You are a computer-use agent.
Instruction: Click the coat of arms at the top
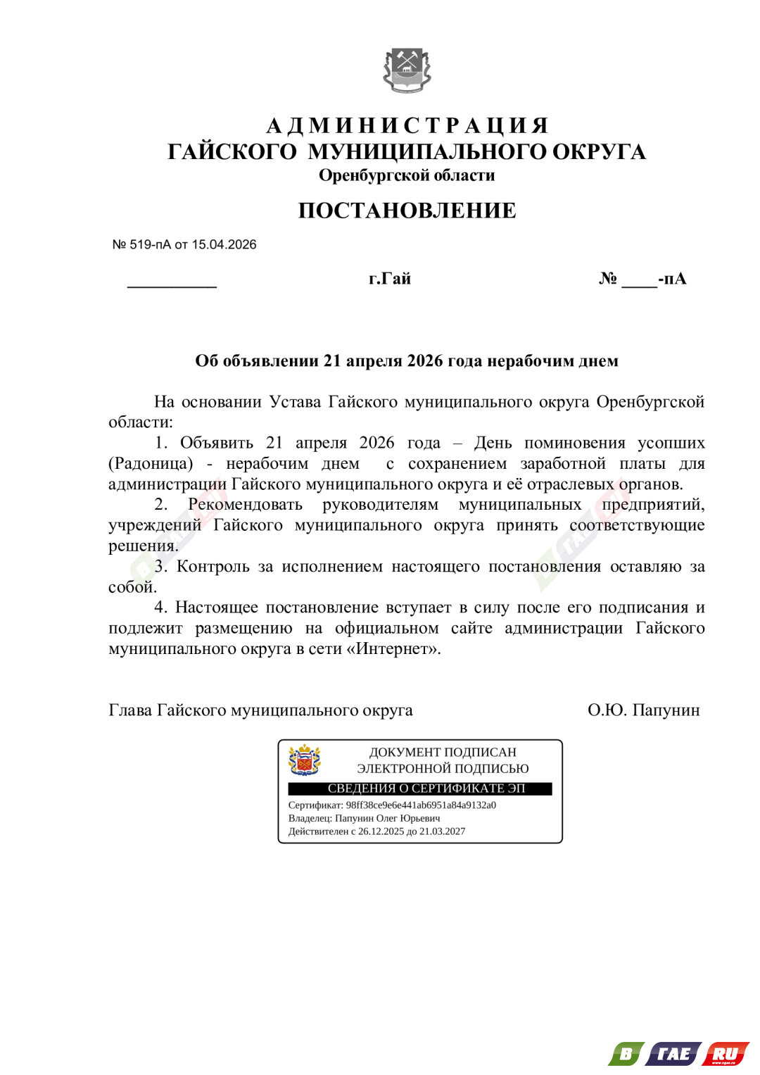[x=407, y=70]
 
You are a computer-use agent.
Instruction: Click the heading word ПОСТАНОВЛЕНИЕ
[x=407, y=210]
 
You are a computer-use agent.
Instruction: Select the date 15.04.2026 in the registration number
[x=224, y=245]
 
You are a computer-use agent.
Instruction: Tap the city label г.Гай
[x=389, y=279]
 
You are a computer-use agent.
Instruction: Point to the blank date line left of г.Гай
[x=172, y=284]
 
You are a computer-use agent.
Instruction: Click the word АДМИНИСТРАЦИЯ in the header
[x=407, y=125]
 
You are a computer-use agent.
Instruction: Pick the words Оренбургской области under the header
[x=407, y=175]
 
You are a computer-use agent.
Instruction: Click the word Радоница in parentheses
[x=151, y=464]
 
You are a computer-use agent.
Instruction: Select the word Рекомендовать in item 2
[x=245, y=505]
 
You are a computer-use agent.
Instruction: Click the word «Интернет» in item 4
[x=393, y=649]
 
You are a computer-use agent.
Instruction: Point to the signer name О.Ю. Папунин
[x=643, y=710]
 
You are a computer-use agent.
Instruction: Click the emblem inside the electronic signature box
[x=305, y=761]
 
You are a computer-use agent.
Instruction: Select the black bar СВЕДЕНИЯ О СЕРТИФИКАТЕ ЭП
[x=420, y=788]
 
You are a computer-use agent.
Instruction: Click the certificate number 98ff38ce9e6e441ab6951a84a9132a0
[x=421, y=805]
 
